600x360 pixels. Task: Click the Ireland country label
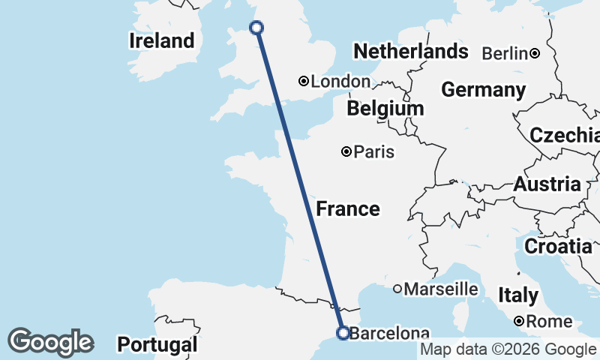[x=161, y=40]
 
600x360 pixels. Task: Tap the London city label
[x=340, y=82]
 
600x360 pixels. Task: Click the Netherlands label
[x=410, y=52]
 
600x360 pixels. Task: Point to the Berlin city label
[x=505, y=53]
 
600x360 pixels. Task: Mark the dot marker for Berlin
[x=535, y=53]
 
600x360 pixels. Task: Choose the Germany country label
[x=483, y=90]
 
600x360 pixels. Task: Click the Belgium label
[x=385, y=109]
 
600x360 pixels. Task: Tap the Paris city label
[x=374, y=152]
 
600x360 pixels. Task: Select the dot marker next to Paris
[x=346, y=151]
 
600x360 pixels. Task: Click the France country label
[x=347, y=208]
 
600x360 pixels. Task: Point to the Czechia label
[x=564, y=136]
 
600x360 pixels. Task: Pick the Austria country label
[x=547, y=184]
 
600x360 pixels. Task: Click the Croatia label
[x=557, y=246]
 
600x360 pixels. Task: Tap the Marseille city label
[x=441, y=289]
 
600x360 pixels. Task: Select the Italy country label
[x=517, y=295]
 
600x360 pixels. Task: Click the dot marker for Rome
[x=519, y=322]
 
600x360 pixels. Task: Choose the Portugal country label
[x=157, y=345]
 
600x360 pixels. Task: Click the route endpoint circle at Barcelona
[x=343, y=333]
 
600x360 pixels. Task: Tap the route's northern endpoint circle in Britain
[x=256, y=28]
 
